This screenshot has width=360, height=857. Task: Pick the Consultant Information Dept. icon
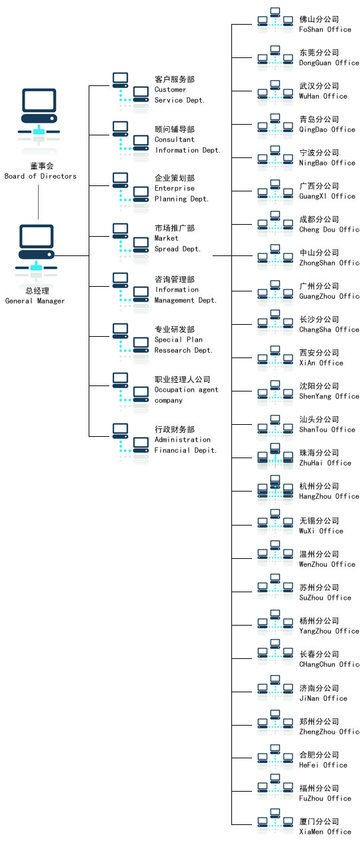point(131,140)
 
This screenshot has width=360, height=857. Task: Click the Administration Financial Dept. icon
point(131,442)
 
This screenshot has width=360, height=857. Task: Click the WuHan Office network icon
point(275,91)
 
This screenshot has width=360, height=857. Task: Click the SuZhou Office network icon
point(275,586)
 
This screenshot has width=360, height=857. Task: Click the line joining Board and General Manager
point(38,202)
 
